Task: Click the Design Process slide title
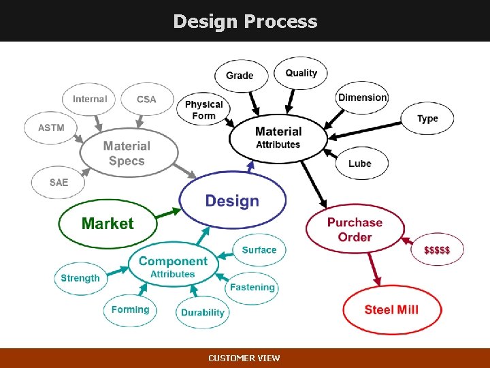(245, 21)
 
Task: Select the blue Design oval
(232, 200)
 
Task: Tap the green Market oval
(108, 224)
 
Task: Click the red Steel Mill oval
(391, 310)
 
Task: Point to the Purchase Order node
(355, 230)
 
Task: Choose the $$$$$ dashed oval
(437, 250)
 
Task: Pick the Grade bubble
(240, 76)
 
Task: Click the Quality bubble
(301, 73)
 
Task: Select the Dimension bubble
(363, 97)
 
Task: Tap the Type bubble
(427, 119)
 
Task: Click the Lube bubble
(360, 164)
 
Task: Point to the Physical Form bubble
(204, 110)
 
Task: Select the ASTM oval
(51, 127)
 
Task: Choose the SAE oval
(59, 183)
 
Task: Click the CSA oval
(146, 99)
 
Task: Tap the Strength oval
(80, 278)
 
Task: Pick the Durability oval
(203, 312)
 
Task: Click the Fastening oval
(252, 287)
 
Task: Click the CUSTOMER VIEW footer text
(244, 358)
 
